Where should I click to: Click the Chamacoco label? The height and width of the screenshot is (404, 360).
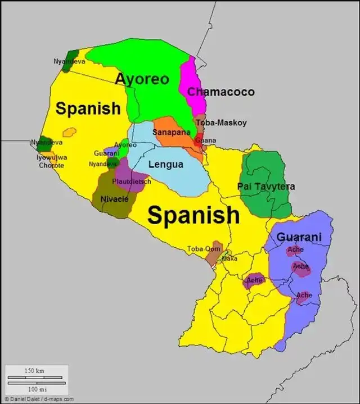[220, 92]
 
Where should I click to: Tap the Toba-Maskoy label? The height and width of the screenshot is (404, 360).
[221, 122]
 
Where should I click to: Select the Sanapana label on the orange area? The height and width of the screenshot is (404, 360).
[170, 133]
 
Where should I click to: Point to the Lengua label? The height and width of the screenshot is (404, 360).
[165, 165]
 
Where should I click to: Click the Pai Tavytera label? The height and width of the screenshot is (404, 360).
[266, 186]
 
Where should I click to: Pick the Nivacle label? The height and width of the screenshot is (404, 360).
[114, 199]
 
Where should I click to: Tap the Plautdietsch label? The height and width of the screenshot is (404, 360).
[132, 181]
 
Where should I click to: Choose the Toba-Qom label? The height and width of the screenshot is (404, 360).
[204, 248]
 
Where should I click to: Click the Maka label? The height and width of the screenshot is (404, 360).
[229, 259]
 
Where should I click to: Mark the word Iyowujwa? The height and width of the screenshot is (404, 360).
[52, 157]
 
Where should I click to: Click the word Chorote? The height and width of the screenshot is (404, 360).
[51, 165]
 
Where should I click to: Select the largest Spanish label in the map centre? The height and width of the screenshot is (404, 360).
[193, 215]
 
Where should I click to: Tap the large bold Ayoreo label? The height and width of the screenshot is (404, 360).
[142, 79]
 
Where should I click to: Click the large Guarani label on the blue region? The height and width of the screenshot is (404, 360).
[299, 237]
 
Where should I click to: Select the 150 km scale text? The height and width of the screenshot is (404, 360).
[34, 371]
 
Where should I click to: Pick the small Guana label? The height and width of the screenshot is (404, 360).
[206, 140]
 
